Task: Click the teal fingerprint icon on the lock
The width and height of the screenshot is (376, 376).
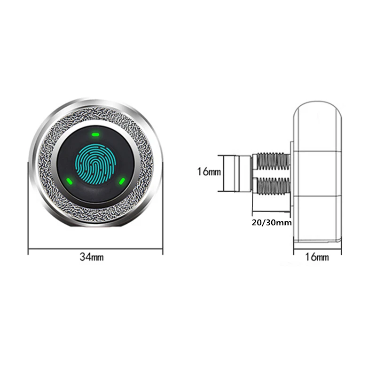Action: click(95, 163)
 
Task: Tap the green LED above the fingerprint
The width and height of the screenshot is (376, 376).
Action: click(95, 133)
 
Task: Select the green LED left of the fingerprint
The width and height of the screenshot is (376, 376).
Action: click(69, 180)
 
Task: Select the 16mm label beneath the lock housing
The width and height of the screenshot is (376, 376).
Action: click(317, 257)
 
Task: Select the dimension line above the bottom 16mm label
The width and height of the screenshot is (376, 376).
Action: click(317, 248)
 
